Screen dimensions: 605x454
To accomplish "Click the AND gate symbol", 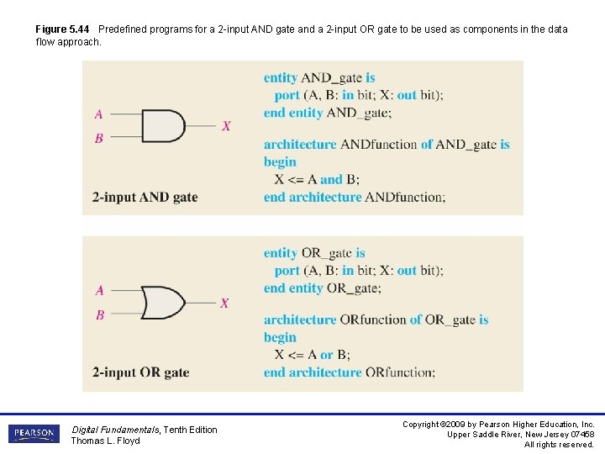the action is (x=163, y=126).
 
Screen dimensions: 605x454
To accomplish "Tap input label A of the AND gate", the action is (x=99, y=114).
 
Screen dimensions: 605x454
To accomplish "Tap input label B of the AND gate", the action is (x=99, y=138).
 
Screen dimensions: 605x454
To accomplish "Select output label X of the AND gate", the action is (x=226, y=126).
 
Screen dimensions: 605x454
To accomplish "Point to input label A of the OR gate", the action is (x=99, y=291).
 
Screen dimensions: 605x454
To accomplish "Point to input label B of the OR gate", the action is (x=99, y=314).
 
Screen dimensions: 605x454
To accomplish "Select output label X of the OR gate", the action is (x=224, y=303).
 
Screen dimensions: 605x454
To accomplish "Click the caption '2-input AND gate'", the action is (x=145, y=198).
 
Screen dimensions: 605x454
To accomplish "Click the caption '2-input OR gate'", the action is (x=140, y=372).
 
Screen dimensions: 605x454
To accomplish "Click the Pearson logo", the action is (x=34, y=434).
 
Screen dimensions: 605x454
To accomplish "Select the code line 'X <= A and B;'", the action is (x=317, y=179).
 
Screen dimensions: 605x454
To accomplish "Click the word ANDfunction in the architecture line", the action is (x=378, y=145).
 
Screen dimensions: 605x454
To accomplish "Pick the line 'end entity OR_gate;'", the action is (x=322, y=288).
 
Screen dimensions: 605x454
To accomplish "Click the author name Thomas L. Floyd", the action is (x=105, y=441).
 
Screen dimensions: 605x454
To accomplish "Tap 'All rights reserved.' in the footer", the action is (x=559, y=444).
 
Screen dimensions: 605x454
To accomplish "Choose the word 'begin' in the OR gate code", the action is (x=280, y=337).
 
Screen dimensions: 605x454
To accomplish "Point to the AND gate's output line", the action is (x=202, y=126).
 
